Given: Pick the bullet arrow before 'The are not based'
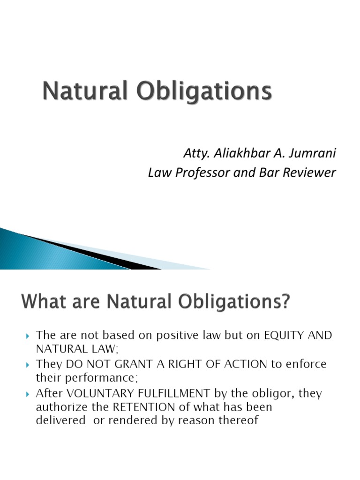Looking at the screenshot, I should click(x=27, y=336).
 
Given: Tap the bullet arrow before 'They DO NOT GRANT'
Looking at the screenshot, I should click(x=27, y=364).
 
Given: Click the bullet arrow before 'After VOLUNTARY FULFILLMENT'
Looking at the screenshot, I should click(x=27, y=393).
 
